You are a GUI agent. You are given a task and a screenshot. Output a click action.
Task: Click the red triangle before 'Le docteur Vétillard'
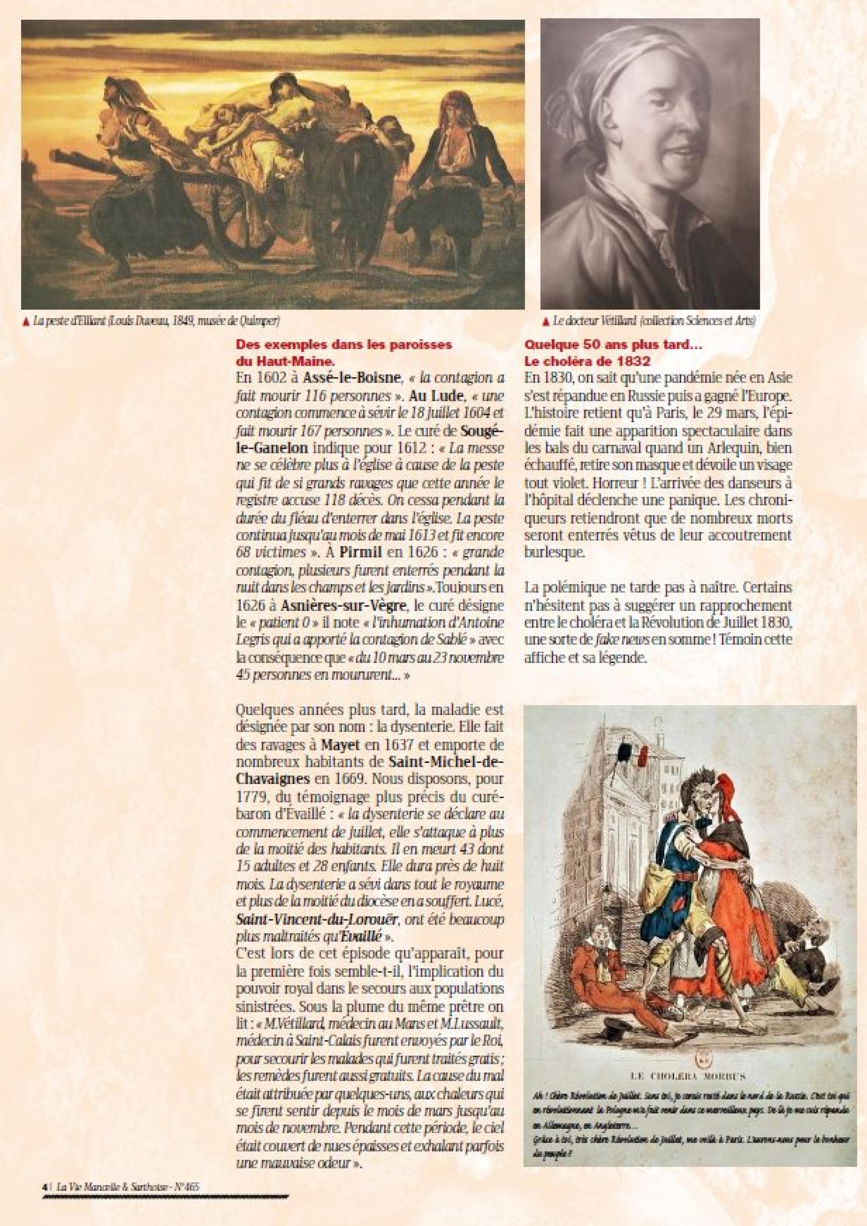pos(546,322)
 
